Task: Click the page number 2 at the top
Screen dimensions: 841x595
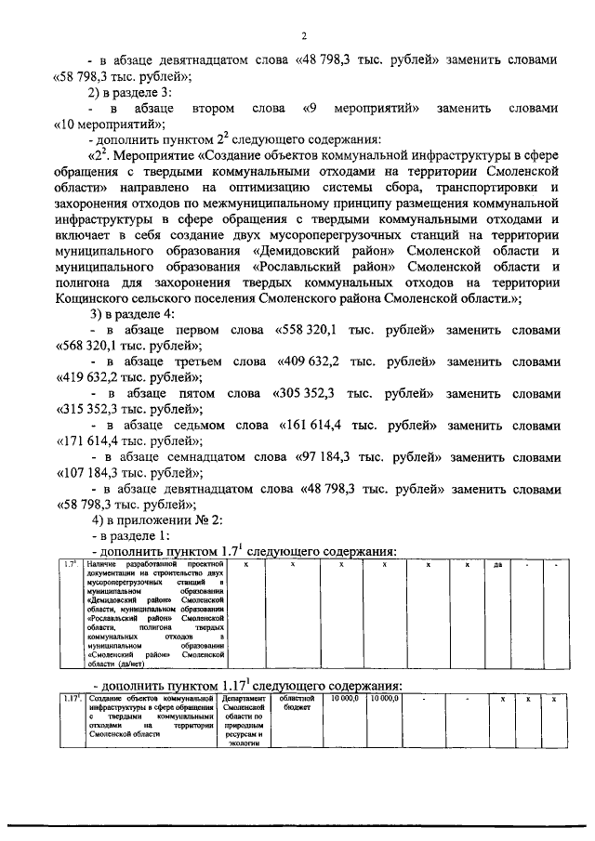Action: (x=304, y=36)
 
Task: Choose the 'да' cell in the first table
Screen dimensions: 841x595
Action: (x=498, y=565)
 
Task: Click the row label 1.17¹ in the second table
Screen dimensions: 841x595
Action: (x=72, y=698)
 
